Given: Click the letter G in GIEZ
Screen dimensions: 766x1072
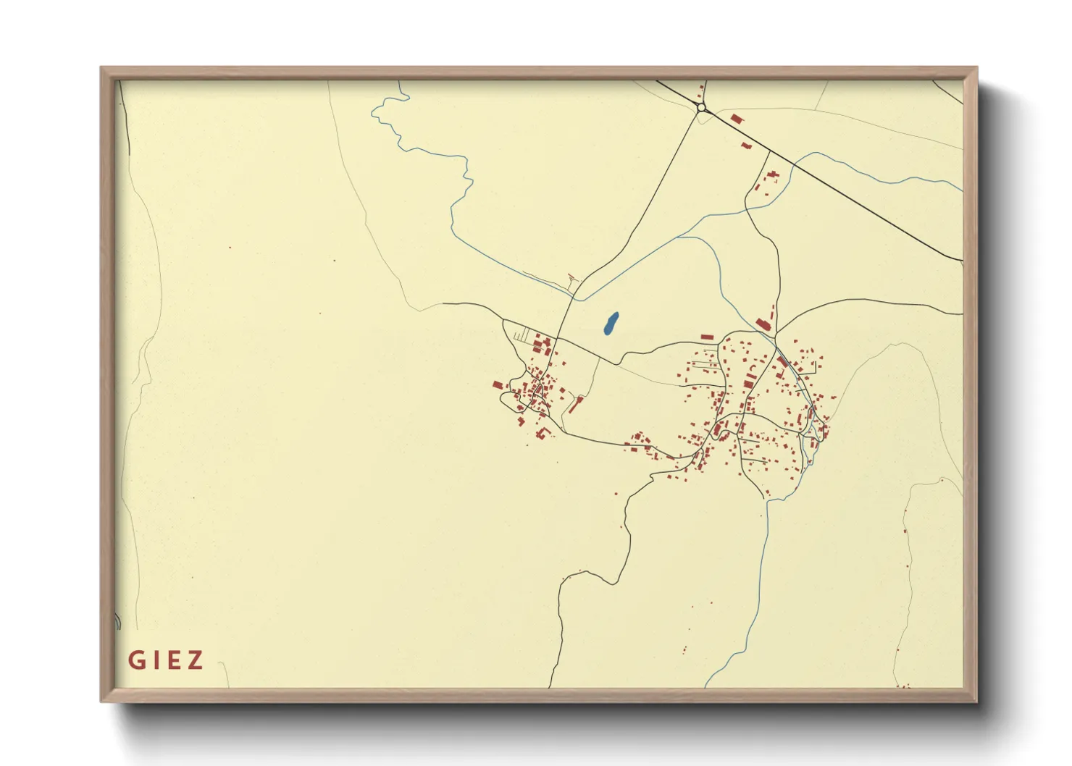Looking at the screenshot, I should pos(135,660).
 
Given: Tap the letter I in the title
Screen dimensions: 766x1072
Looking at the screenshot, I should pos(155,660).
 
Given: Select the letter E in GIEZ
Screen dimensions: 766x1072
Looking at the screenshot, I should pos(173,660).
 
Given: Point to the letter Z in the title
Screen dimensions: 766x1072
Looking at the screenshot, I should pos(195,660).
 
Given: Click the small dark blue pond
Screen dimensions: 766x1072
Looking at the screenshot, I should pos(611,324).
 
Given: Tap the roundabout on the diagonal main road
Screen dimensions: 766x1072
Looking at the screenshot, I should pos(700,108).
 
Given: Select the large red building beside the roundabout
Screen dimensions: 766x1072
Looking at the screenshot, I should pos(736,118).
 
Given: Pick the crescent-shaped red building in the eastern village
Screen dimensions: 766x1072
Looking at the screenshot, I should pos(751,370).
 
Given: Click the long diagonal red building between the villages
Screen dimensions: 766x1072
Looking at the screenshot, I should pos(575,404).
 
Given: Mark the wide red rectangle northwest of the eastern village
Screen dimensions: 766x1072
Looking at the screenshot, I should pos(707,337).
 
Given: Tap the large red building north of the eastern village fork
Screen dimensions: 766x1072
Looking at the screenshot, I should pos(762,324).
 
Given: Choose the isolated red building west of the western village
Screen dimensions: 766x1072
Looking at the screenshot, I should pos(498,384).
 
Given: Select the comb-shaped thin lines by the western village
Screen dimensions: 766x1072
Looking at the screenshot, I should pos(522,337).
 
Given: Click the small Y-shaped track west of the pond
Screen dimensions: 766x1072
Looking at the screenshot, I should pos(574,277).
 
